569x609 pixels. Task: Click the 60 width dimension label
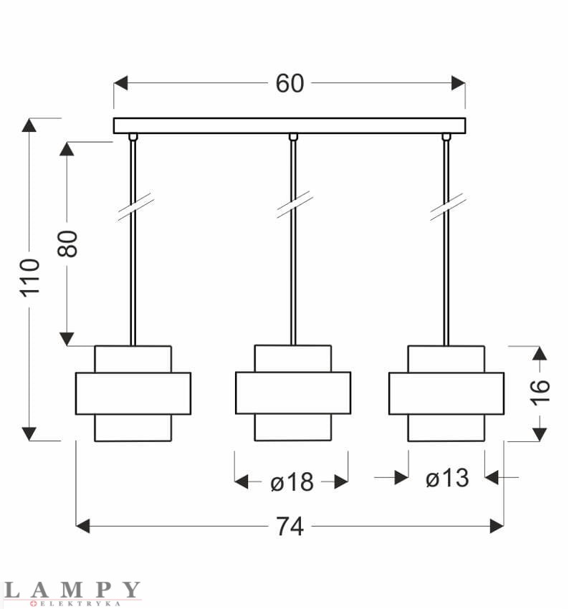coord(290,83)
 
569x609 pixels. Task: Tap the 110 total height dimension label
coord(29,278)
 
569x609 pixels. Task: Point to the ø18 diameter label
coord(292,482)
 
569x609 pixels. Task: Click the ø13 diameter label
coord(447,478)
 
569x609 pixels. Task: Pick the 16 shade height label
coord(540,390)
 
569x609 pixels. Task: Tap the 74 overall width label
coord(290,527)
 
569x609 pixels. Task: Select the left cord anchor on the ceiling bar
coord(133,137)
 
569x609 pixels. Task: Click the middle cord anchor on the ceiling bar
coord(292,137)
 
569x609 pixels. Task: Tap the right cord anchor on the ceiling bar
coord(446,137)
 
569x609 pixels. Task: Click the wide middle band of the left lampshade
coord(133,393)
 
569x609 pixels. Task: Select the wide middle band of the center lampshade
coord(293,393)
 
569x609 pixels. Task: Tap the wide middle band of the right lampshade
coord(446,393)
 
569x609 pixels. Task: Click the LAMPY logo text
coord(72,590)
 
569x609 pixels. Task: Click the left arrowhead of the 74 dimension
coord(83,527)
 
